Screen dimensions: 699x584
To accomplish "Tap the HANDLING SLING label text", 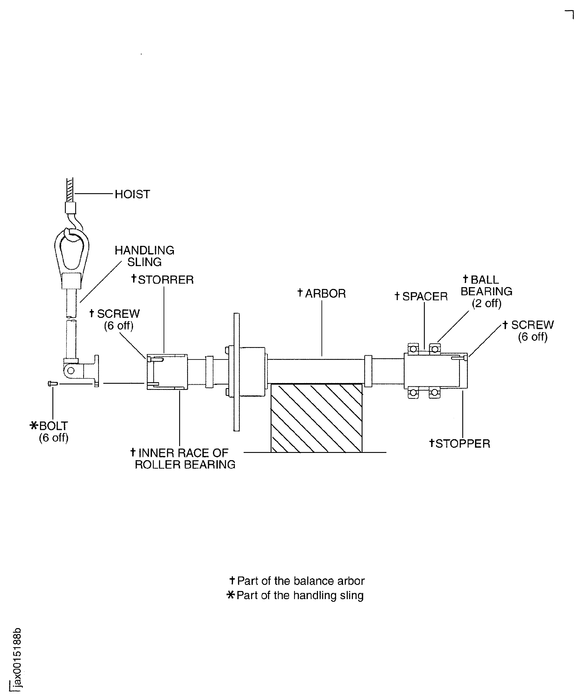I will click(x=144, y=256).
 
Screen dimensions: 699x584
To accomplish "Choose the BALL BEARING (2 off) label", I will click(x=486, y=291).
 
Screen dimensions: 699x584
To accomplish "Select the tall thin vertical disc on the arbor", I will click(x=236, y=372).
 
